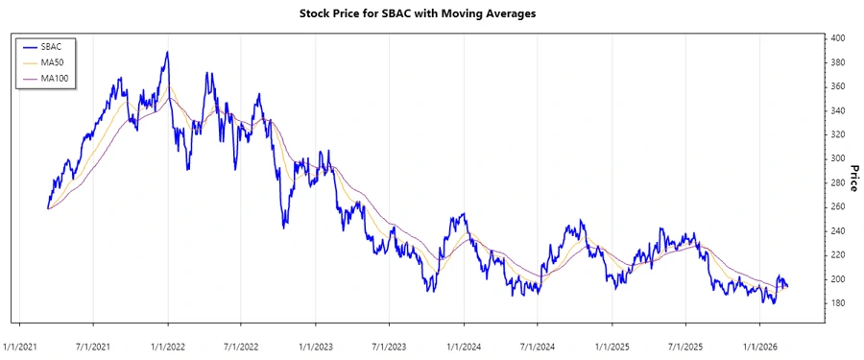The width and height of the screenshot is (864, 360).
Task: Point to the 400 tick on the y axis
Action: coord(838,38)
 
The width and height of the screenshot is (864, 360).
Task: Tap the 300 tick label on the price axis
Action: coord(838,158)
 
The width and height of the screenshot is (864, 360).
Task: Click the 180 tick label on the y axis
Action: coord(838,303)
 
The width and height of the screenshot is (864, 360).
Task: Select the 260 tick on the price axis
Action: coord(838,206)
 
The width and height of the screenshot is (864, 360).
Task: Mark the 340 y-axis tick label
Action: coord(838,110)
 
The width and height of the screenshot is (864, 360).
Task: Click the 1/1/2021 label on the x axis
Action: coord(20,347)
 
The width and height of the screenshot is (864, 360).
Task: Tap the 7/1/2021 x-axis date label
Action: coord(93,347)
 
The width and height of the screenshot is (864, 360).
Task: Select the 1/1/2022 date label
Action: coord(167,347)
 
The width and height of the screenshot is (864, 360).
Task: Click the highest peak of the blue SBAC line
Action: coord(167,52)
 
